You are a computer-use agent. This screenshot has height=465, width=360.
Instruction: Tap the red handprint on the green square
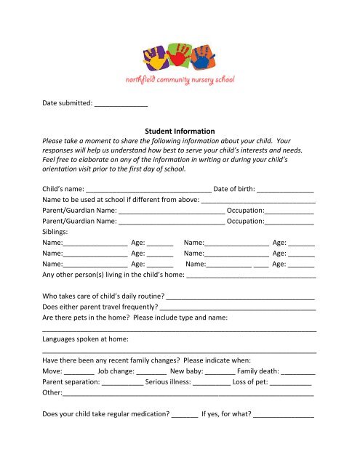(178, 55)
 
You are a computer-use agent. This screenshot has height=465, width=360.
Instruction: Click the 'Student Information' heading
(180, 131)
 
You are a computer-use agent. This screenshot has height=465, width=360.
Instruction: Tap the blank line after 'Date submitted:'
(121, 104)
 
